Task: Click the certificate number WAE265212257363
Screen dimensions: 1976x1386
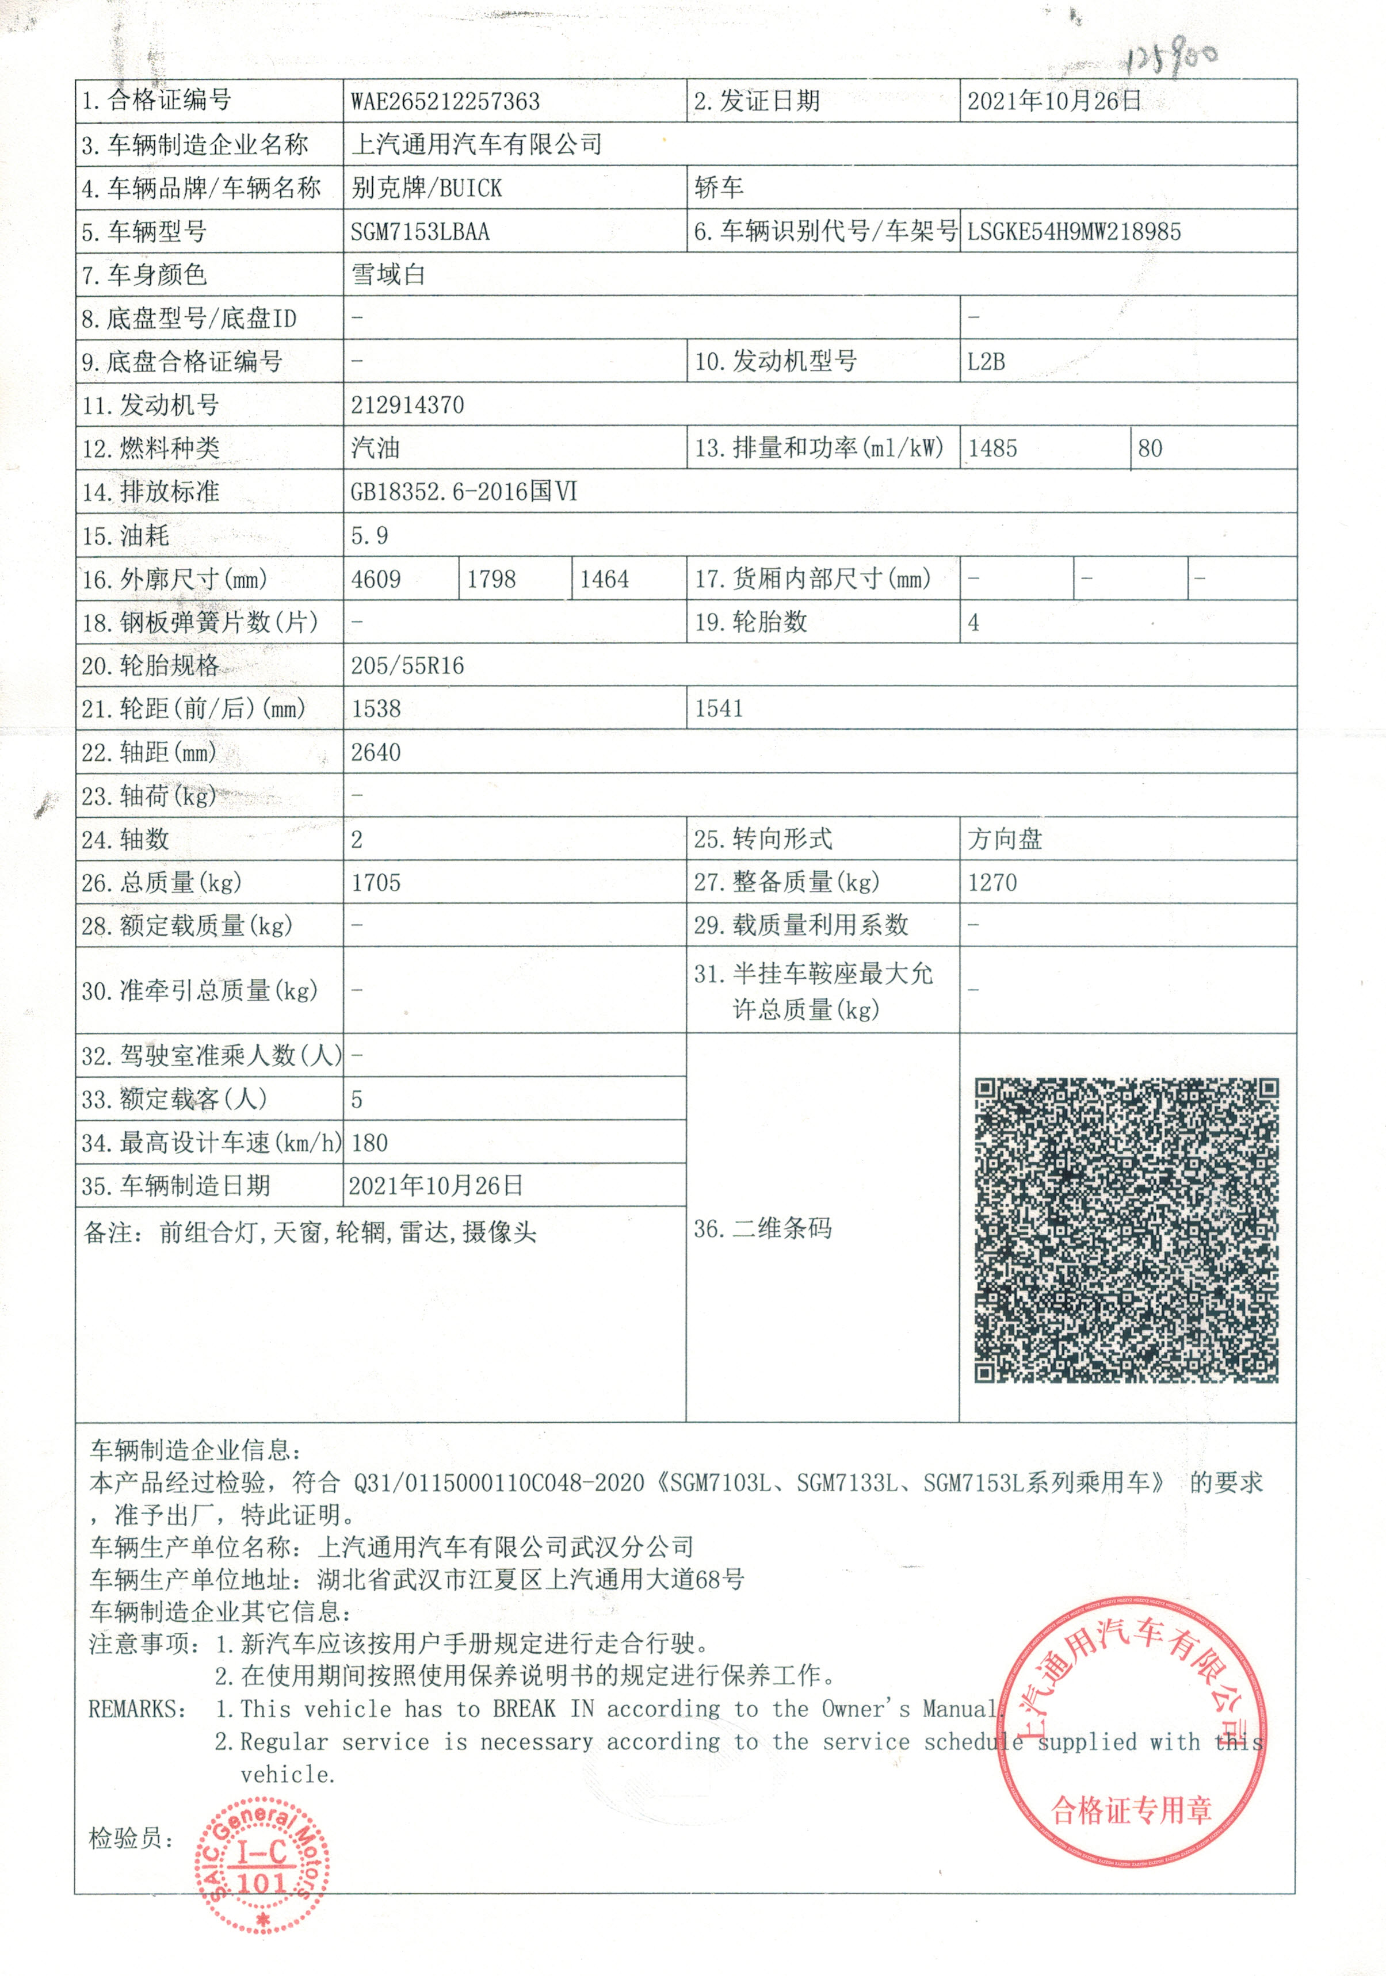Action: [445, 102]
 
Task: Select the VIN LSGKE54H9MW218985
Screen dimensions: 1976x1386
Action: [1074, 232]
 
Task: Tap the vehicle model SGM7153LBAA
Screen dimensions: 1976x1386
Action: [419, 232]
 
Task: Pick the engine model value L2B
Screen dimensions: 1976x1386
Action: [986, 362]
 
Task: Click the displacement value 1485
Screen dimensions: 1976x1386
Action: [992, 449]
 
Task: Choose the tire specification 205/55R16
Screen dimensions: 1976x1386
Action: [407, 665]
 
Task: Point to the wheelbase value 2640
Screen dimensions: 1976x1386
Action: [375, 752]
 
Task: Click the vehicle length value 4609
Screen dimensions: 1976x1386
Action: [375, 579]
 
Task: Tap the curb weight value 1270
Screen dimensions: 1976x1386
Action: [992, 882]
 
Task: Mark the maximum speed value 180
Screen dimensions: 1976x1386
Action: [369, 1143]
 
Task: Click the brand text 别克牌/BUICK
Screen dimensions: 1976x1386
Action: [426, 187]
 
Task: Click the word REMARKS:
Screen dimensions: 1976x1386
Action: [137, 1709]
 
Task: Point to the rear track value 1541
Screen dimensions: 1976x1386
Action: [719, 709]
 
